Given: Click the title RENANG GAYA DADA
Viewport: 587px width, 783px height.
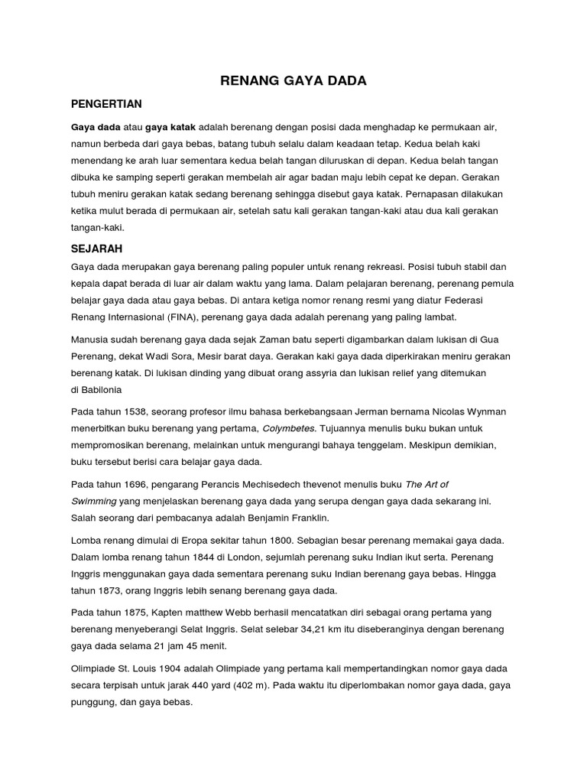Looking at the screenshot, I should click(293, 80).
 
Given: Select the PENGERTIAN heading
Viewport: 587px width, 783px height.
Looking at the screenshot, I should click(106, 104).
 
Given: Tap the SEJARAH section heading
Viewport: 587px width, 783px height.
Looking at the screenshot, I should click(96, 249).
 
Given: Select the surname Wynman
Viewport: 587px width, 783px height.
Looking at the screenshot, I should click(485, 411).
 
